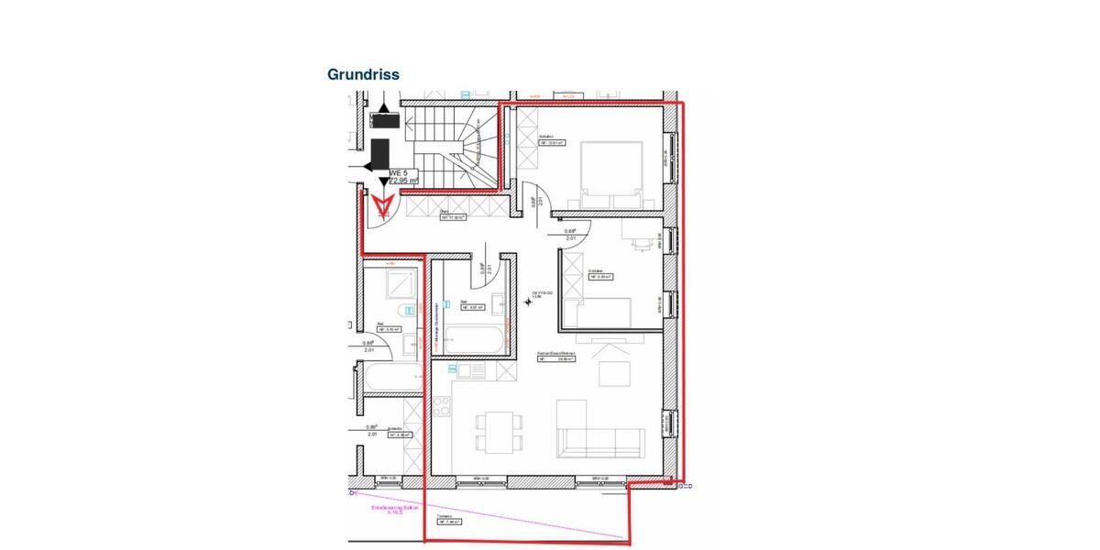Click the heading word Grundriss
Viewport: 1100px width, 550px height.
click(x=363, y=74)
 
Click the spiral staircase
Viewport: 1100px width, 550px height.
click(x=473, y=147)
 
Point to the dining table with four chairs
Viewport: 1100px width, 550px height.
click(x=494, y=430)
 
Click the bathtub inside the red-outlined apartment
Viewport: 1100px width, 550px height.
click(x=474, y=340)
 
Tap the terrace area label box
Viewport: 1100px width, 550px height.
click(x=448, y=521)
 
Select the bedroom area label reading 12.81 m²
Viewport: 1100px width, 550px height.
click(x=551, y=143)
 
